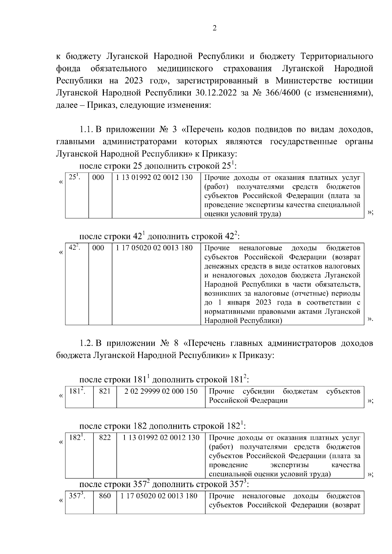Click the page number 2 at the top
[x=214, y=28]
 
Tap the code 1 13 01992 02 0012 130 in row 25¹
[x=154, y=178]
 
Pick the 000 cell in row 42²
[x=98, y=248]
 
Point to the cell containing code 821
[x=105, y=391]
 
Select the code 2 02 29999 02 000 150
[x=161, y=391]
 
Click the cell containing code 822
[x=105, y=438]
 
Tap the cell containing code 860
[x=105, y=496]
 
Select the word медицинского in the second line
[x=185, y=69]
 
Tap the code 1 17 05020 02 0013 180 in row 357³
[x=159, y=496]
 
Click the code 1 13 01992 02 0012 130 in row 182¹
[x=161, y=438]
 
